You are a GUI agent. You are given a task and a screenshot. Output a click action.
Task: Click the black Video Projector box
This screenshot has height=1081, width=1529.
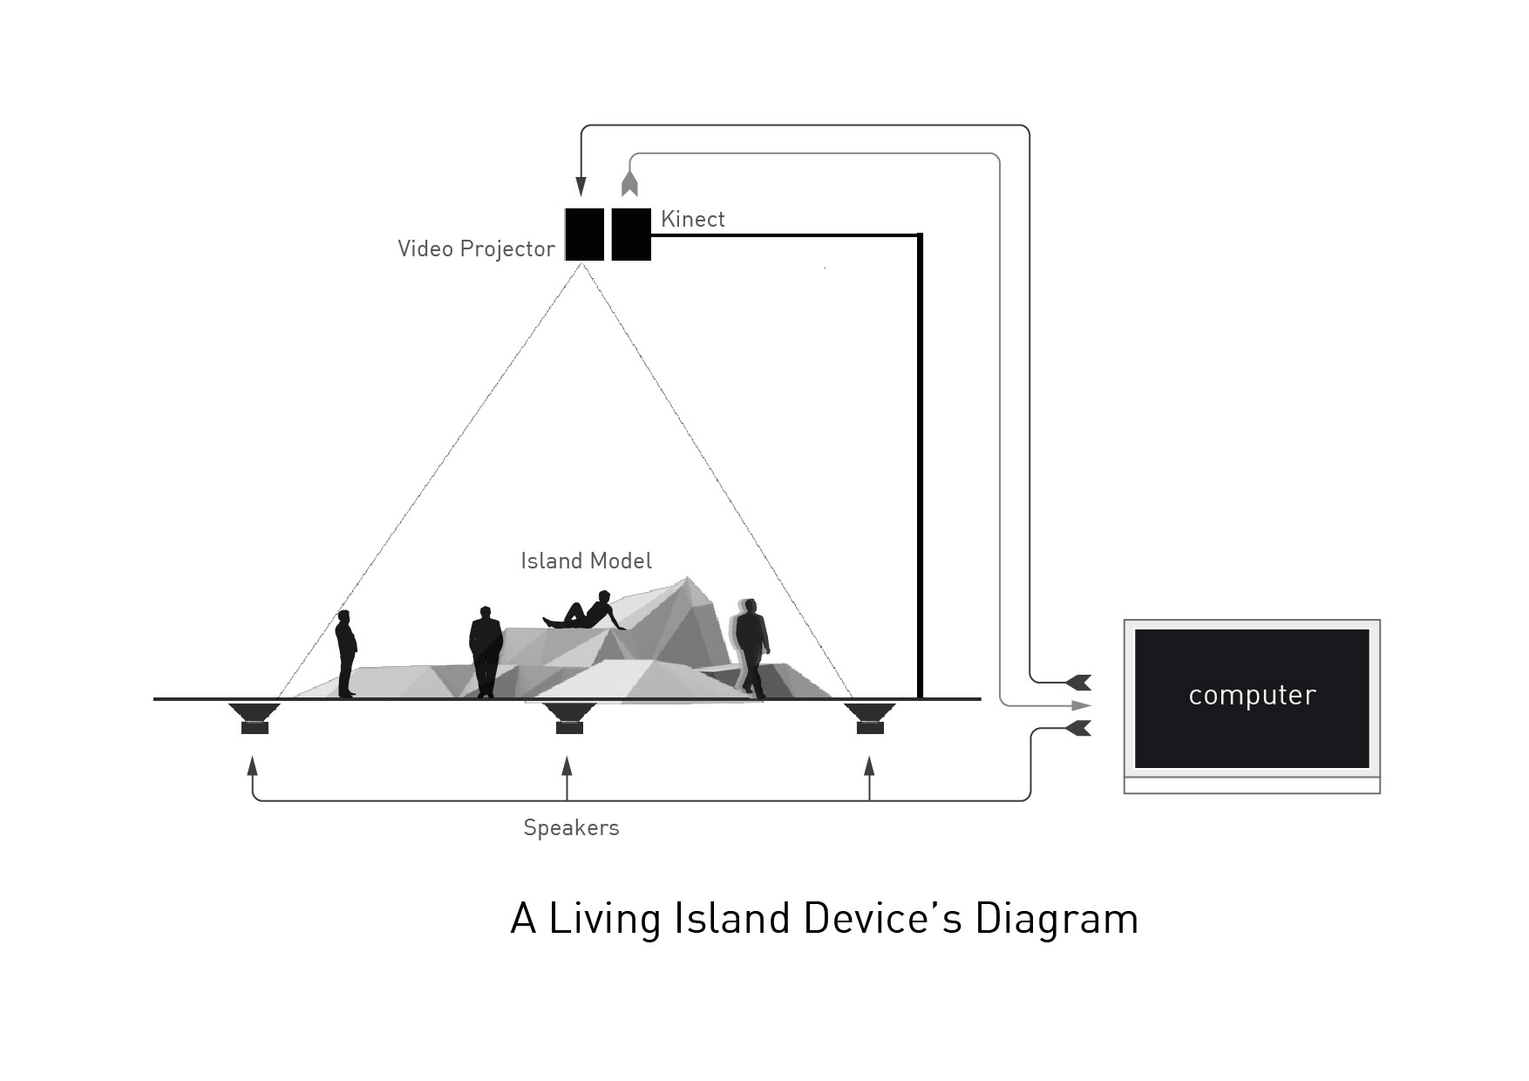coord(584,235)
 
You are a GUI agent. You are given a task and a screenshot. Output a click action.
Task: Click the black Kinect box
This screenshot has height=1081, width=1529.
coord(631,235)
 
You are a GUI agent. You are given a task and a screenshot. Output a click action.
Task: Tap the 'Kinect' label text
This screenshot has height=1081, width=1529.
coord(693,219)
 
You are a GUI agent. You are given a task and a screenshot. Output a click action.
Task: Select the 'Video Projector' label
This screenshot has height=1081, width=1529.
coord(476,248)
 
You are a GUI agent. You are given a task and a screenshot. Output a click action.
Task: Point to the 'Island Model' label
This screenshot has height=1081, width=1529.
coord(586,561)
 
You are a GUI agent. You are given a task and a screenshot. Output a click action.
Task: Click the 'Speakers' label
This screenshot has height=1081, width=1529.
coord(571,827)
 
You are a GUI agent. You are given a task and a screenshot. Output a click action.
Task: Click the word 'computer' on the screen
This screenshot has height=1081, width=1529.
coord(1252,696)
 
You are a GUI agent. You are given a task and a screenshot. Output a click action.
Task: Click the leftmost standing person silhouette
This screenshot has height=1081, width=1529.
coord(346,653)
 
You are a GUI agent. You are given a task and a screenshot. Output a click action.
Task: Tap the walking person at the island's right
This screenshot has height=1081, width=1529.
coord(751,645)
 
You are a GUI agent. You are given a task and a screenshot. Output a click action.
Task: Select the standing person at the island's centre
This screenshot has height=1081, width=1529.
coord(486,651)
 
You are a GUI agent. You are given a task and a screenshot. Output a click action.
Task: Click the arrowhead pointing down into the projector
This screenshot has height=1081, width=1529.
coord(581,187)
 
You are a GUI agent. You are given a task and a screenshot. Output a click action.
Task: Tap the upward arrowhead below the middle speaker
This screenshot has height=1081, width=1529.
coord(567,767)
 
